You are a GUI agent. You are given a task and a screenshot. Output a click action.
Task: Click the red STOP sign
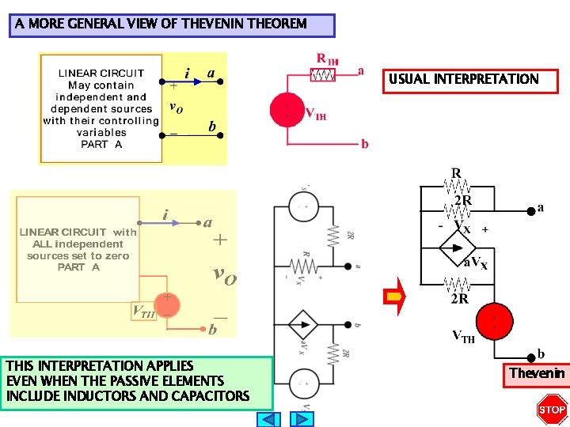[x=552, y=409]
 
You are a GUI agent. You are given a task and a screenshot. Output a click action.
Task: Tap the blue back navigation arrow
[x=270, y=419]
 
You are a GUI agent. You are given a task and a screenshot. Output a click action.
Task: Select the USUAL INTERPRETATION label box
[x=463, y=79]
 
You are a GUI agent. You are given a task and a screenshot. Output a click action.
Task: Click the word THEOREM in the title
[x=276, y=24]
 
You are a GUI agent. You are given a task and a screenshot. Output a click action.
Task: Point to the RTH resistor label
[x=327, y=58]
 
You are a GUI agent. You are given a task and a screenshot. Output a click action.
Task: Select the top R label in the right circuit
[x=456, y=172]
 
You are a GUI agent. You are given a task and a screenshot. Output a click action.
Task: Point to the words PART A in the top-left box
[x=101, y=145]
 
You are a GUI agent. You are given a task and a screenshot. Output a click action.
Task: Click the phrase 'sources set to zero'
[x=78, y=255]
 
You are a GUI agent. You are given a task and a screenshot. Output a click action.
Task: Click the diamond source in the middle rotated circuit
[x=303, y=324]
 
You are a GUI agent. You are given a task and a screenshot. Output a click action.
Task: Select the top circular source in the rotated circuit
[x=303, y=207]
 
